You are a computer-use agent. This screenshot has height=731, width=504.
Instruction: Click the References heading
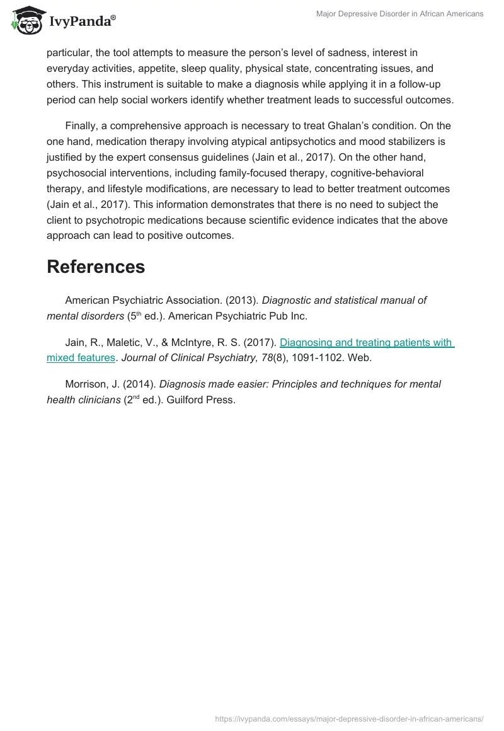tap(96, 267)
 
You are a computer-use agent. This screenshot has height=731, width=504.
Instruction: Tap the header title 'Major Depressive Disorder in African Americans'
tap(404, 14)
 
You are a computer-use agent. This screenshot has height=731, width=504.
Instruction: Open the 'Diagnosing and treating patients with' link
tap(366, 343)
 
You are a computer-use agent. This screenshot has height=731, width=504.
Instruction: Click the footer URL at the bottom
tap(349, 718)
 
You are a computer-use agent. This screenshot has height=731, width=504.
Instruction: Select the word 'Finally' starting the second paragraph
tap(83, 126)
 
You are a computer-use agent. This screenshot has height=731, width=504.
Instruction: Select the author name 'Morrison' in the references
tap(87, 384)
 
